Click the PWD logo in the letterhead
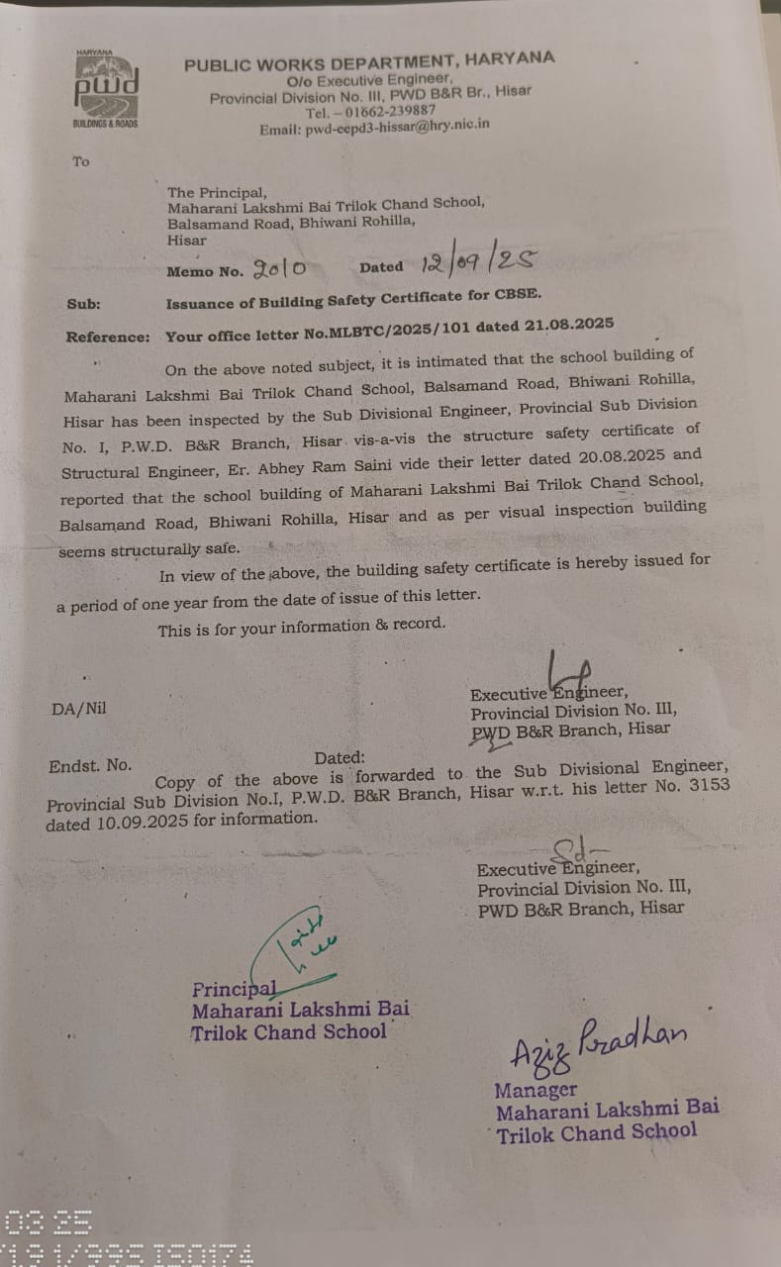coord(106,87)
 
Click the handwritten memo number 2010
coord(279,267)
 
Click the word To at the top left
coord(80,161)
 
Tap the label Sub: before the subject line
coord(84,306)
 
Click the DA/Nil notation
coord(78,709)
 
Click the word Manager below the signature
coord(536,1090)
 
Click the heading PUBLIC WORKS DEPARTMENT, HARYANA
coord(369,62)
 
